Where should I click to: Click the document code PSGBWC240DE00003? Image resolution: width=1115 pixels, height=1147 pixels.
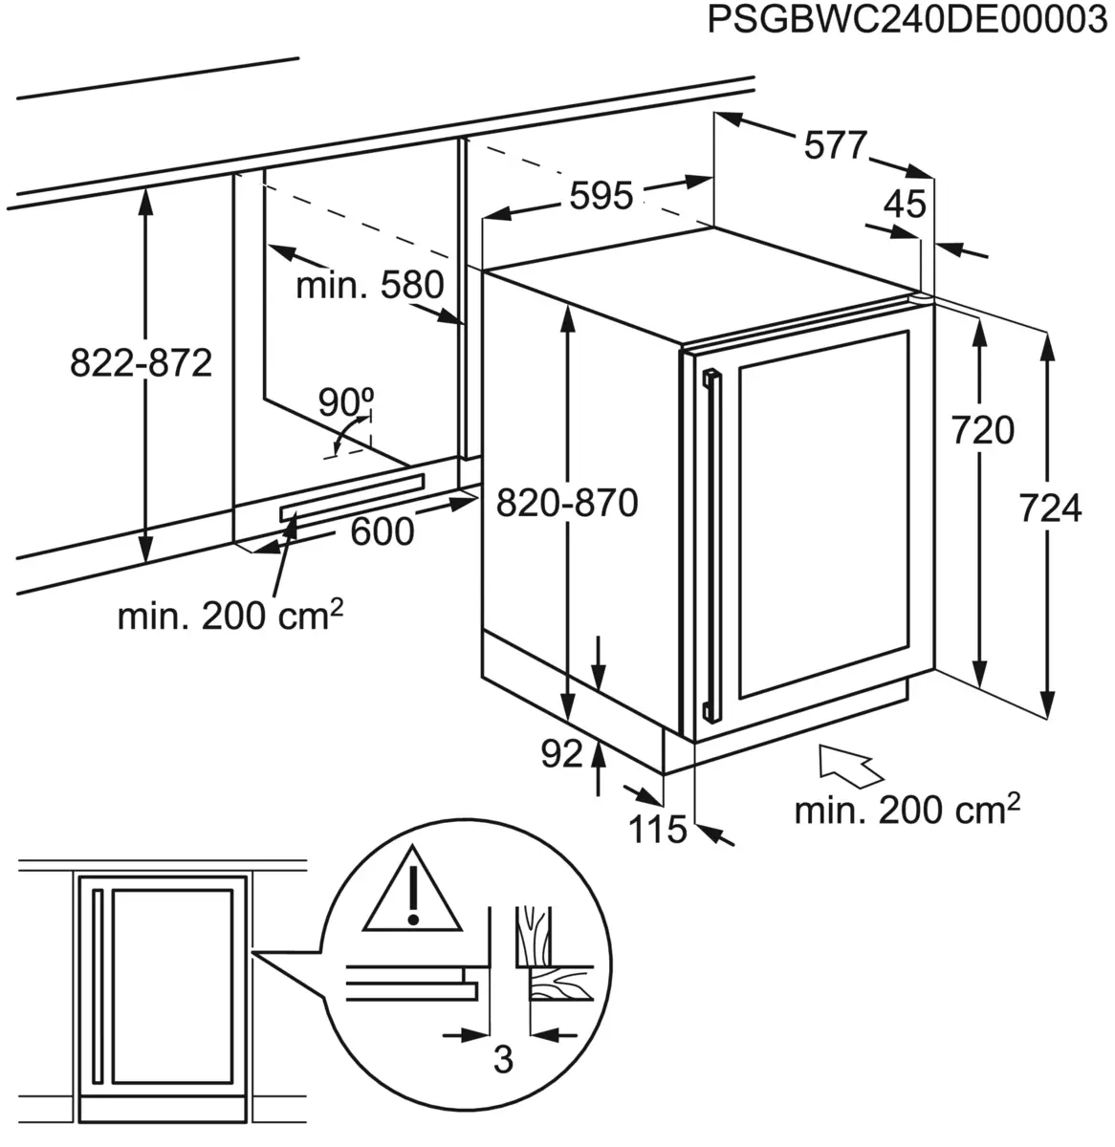click(907, 20)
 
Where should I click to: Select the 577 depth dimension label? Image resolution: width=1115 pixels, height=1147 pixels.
click(835, 145)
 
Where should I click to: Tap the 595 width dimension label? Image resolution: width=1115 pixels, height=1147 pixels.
click(601, 196)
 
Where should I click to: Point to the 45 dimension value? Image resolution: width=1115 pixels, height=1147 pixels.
click(905, 204)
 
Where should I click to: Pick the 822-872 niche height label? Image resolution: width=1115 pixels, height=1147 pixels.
click(141, 362)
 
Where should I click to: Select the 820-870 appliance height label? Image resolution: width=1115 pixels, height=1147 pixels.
click(567, 502)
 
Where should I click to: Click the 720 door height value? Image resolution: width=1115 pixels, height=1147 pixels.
click(983, 431)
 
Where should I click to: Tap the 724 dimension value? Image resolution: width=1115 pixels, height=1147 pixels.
click(1049, 509)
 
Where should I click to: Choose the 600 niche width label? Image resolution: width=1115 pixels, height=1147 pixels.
click(383, 531)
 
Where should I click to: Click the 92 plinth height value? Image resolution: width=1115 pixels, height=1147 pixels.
click(561, 755)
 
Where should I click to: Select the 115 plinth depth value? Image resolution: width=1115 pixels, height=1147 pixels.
click(658, 830)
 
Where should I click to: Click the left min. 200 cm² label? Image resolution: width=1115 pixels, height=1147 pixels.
click(230, 617)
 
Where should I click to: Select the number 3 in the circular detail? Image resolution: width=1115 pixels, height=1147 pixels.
click(503, 1059)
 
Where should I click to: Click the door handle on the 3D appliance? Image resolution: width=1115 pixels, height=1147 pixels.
click(711, 545)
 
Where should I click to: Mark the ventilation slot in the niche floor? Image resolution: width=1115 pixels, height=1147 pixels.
click(351, 497)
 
